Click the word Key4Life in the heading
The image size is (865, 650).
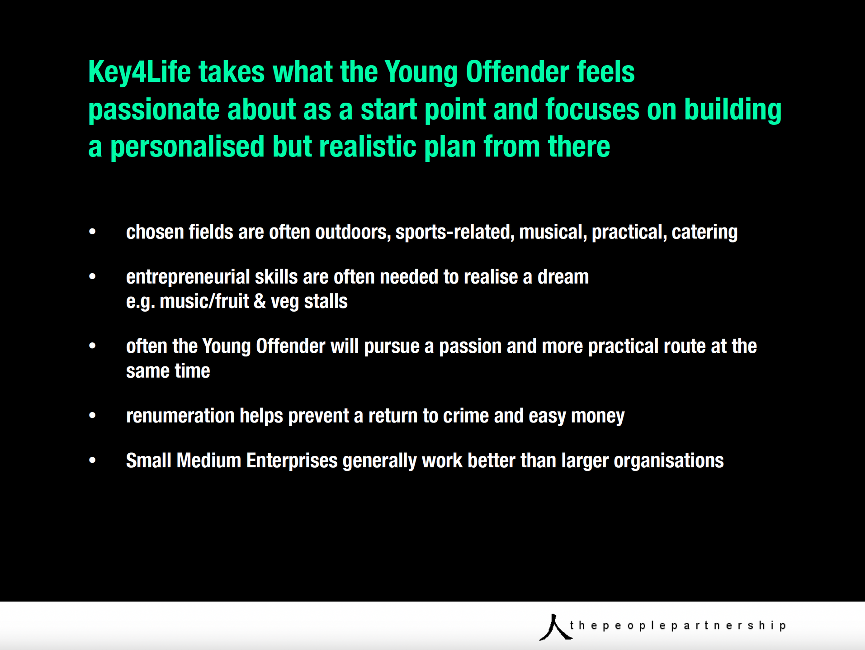coord(139,72)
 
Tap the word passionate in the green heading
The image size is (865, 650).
coord(153,110)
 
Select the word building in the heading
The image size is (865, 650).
coord(733,110)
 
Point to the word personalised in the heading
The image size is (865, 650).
coord(187,147)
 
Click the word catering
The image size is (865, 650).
coord(704,232)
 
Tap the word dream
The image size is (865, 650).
coord(563,277)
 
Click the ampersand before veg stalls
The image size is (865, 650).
coord(260,302)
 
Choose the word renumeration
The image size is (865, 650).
coord(180,416)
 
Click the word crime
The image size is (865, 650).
coord(466,416)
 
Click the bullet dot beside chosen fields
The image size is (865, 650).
coord(93,232)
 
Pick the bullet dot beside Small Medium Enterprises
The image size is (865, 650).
coord(93,460)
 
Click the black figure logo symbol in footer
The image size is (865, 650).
coord(556,627)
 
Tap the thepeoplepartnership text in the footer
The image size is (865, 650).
coord(678,626)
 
